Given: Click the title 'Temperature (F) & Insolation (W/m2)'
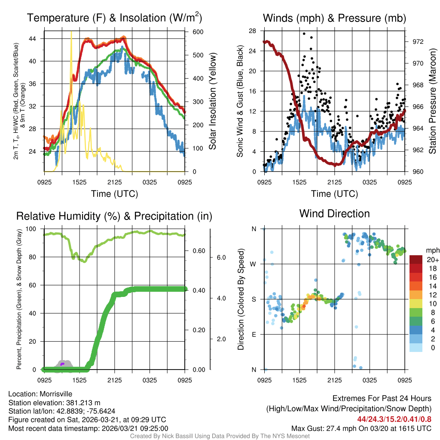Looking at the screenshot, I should (114, 18).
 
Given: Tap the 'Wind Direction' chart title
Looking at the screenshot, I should (334, 214).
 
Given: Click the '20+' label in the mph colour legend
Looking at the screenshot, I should (432, 260).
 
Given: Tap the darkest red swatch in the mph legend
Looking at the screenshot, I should (417, 260).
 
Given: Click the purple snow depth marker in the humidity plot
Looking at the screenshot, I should (62, 364).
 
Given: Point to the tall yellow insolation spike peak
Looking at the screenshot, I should (71, 33).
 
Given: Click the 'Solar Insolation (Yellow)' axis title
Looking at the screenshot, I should (213, 101).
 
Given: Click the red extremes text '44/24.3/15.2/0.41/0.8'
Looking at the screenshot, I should (394, 419).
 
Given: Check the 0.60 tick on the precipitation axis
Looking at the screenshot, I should (199, 251).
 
